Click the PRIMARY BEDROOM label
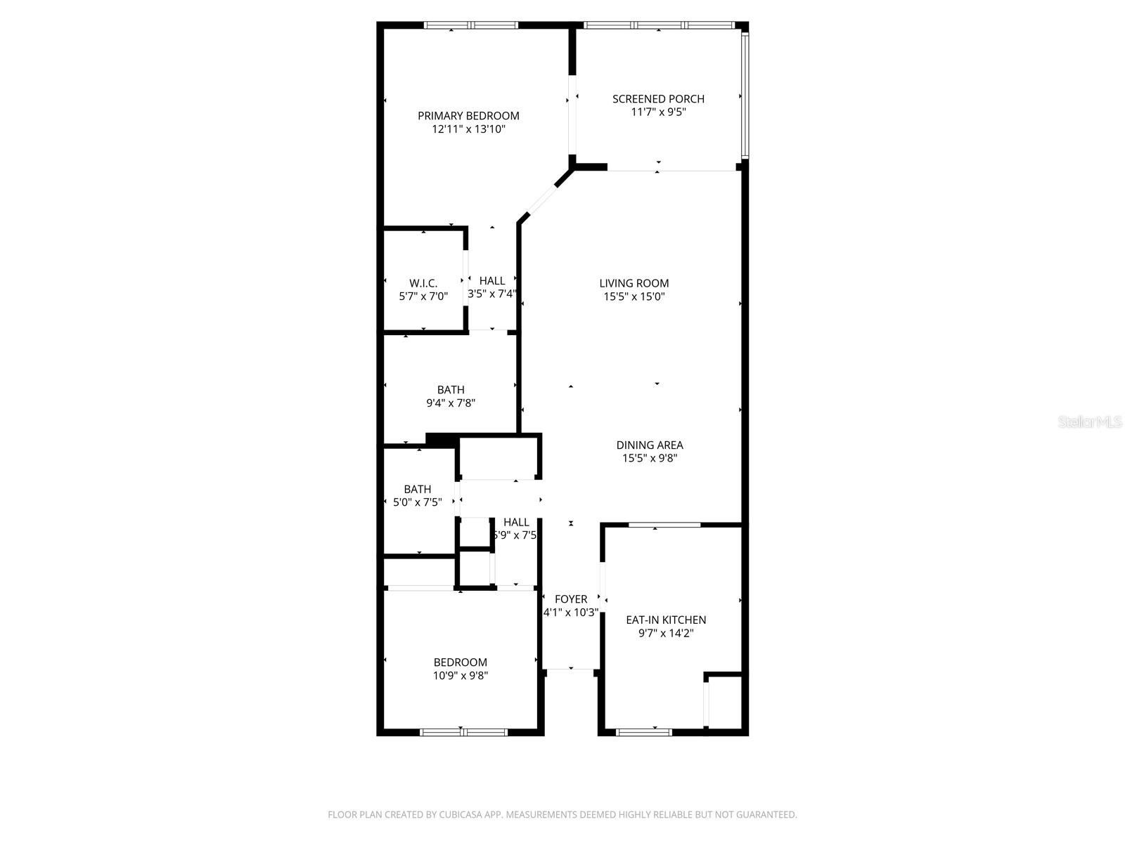pos(468,116)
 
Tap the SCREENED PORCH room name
pos(658,99)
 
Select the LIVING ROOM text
pos(634,283)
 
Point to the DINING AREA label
pos(650,445)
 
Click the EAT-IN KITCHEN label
pos(666,620)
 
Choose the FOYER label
pos(571,599)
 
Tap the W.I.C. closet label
pos(423,283)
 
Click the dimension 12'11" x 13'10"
pos(468,129)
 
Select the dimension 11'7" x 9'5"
pos(658,112)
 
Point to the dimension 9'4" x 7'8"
pos(451,403)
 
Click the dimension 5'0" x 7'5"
pos(418,502)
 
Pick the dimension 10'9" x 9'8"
pos(461,676)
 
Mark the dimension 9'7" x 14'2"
pos(666,633)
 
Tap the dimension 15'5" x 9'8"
pos(650,458)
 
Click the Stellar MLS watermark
pos(1091,422)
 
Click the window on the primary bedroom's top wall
pos(471,26)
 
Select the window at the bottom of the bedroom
pos(463,732)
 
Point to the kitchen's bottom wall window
pos(643,732)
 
